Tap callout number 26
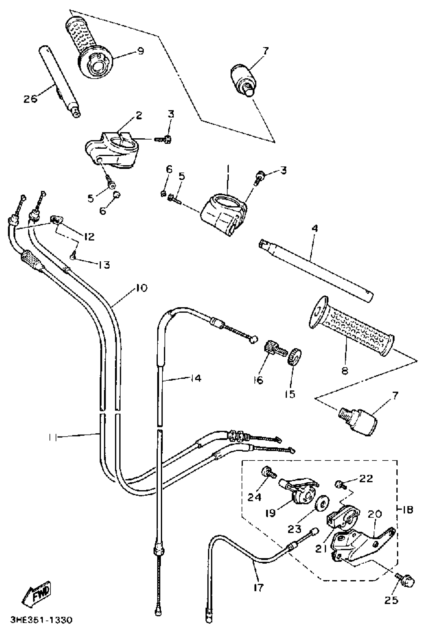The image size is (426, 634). (30, 98)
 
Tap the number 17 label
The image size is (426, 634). (258, 588)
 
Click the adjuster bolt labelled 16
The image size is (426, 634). (274, 348)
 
